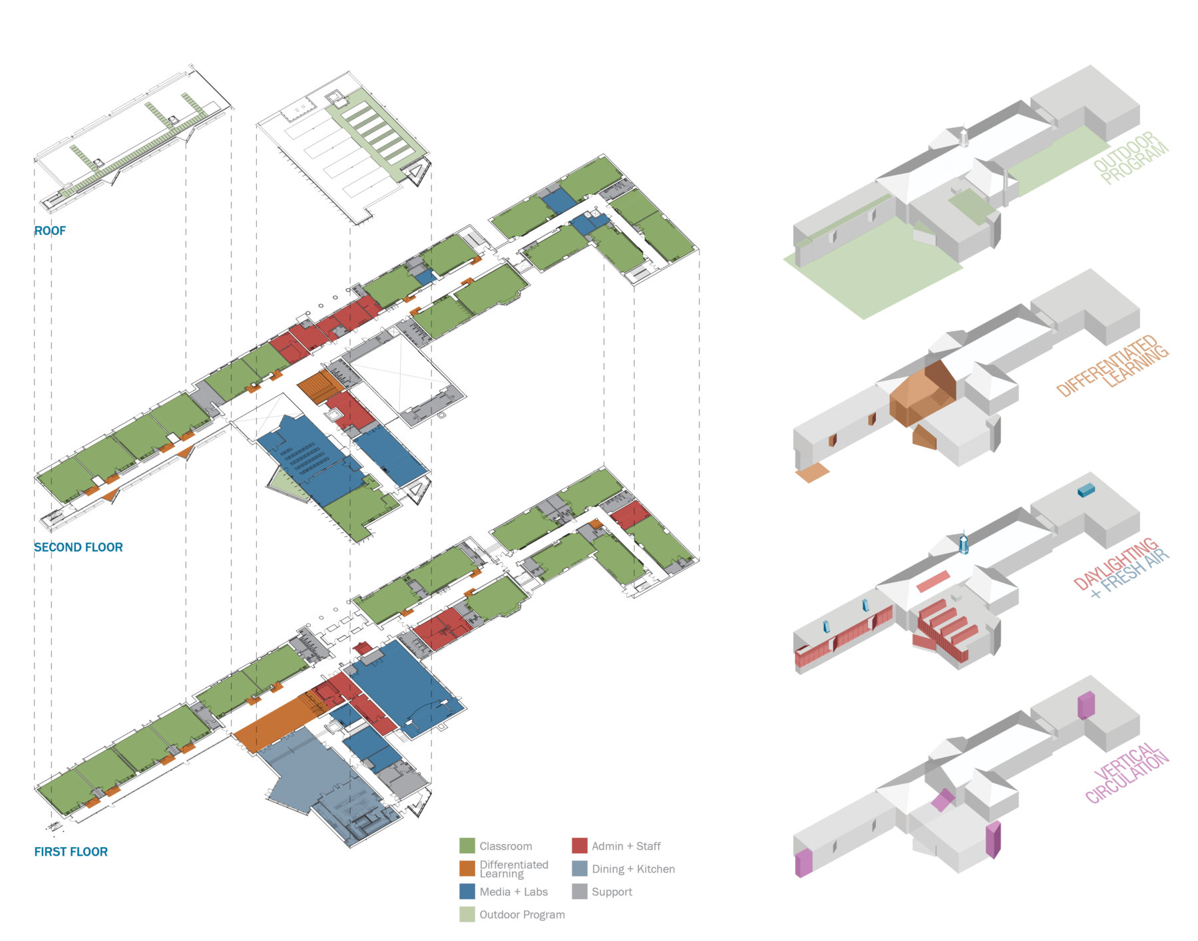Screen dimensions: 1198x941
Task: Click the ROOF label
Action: tap(50, 231)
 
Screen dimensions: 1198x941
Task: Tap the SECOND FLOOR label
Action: tap(79, 547)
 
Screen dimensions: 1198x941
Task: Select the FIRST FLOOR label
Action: tap(71, 852)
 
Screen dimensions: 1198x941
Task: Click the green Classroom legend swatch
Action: tap(467, 846)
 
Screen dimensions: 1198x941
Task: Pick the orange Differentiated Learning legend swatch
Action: tap(467, 868)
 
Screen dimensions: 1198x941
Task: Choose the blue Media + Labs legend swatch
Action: tap(467, 892)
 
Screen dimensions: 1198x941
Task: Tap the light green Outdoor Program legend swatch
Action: tap(467, 914)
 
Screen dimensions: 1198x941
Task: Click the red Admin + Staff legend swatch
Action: tap(580, 846)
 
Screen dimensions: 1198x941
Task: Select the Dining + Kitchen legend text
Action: tap(633, 869)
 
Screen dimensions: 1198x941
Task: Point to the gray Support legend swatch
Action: tap(580, 892)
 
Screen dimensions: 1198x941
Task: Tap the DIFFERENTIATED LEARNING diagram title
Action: tap(1113, 366)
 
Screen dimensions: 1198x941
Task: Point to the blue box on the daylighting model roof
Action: tap(1086, 491)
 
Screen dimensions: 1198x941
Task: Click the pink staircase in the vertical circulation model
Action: tap(942, 800)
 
